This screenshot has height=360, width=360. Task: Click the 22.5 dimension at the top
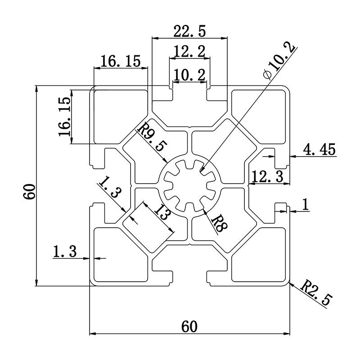point(189,31)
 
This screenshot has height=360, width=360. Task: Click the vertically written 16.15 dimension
point(64,117)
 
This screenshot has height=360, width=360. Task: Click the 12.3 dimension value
point(267,176)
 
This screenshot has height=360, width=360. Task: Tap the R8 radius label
point(219,223)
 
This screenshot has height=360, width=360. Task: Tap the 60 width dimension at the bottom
point(189,326)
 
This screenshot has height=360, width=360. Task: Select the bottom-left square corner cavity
point(120,255)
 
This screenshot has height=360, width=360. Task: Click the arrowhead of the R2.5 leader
point(292,283)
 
